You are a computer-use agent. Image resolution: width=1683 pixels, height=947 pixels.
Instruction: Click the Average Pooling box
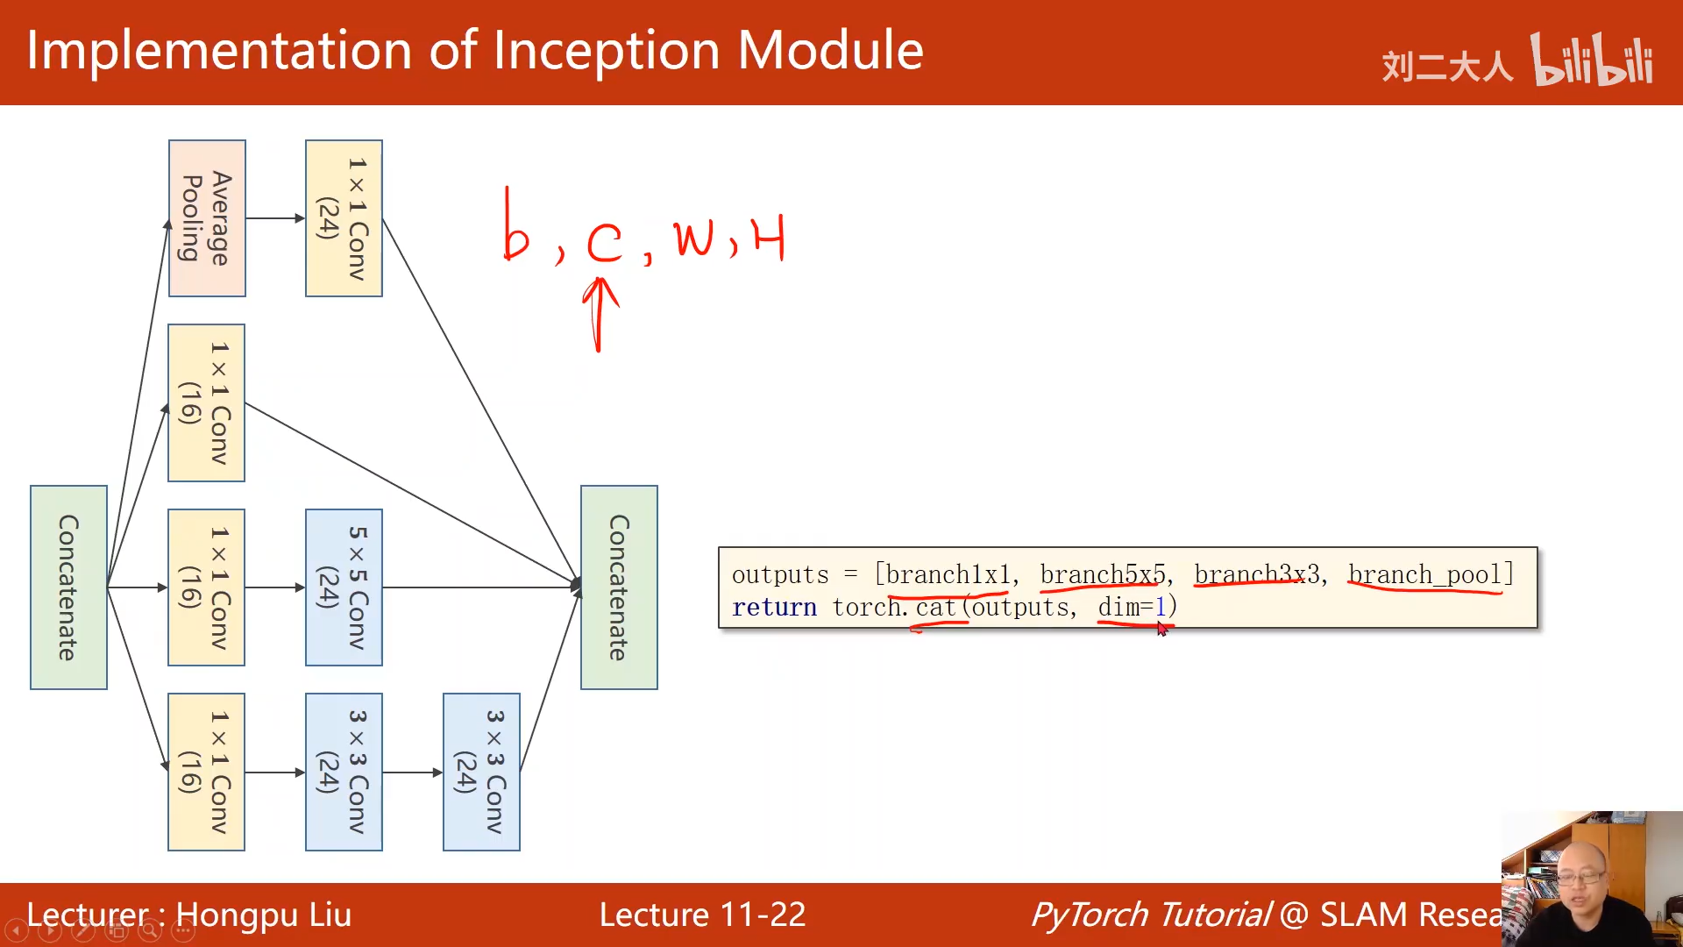(207, 218)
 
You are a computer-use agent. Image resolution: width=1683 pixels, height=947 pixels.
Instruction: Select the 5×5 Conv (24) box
(344, 587)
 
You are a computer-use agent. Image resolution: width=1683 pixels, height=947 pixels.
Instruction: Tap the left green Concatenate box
(68, 587)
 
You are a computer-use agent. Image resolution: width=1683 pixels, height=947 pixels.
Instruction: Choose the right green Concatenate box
(619, 587)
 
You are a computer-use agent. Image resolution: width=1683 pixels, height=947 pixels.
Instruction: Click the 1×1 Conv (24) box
(344, 218)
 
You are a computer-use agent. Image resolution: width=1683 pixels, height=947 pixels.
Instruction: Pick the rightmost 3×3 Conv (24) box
(481, 772)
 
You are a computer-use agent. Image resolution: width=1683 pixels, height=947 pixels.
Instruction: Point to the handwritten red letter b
(515, 230)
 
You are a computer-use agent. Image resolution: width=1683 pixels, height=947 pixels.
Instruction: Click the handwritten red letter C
(604, 242)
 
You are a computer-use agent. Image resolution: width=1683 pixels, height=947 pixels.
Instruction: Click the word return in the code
(774, 607)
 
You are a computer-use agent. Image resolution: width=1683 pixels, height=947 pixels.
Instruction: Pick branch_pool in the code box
(1424, 575)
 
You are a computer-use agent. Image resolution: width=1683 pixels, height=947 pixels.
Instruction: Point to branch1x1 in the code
(948, 575)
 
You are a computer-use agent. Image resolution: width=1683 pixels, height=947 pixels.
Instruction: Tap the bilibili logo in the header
(1591, 61)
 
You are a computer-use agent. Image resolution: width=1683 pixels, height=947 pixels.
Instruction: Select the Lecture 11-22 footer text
(702, 915)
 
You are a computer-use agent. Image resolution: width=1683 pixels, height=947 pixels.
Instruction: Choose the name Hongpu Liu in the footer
(263, 915)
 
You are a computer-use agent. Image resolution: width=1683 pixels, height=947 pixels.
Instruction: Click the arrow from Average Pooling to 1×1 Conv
(275, 218)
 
